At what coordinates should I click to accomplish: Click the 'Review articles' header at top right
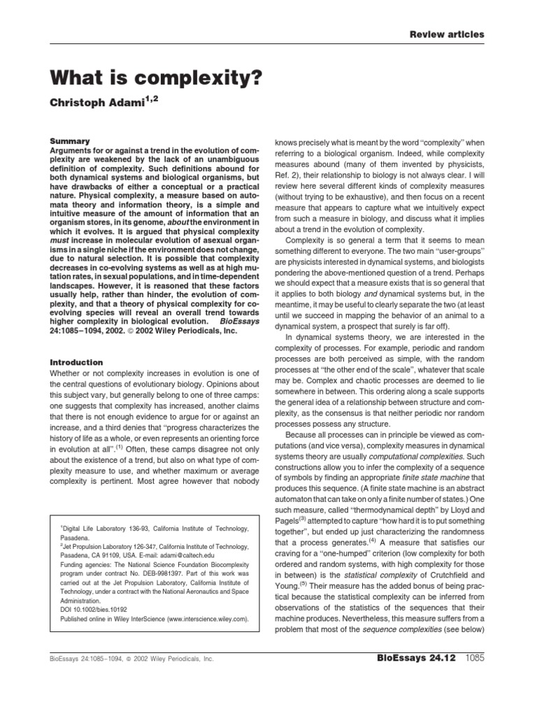[x=447, y=34]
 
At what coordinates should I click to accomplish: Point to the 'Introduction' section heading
[x=78, y=362]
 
